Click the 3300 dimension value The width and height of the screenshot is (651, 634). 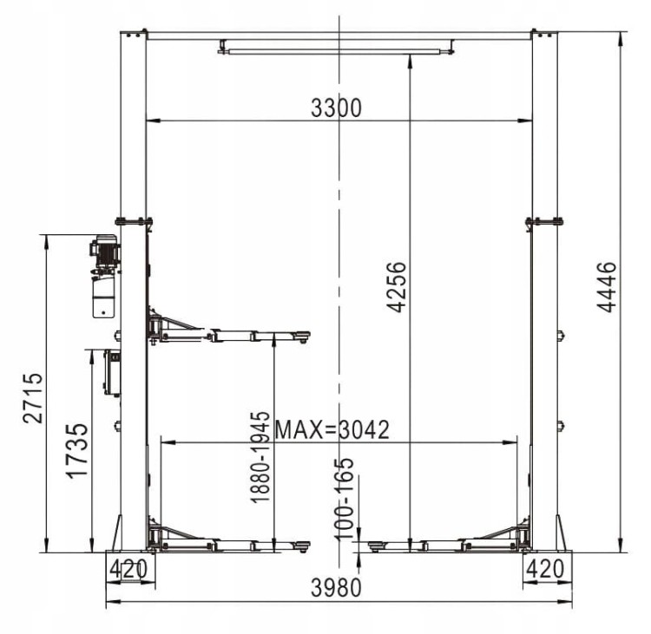click(x=336, y=108)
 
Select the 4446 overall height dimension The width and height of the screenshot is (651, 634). click(x=607, y=286)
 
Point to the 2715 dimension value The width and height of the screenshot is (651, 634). click(x=33, y=398)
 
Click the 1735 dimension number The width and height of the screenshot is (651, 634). click(x=77, y=451)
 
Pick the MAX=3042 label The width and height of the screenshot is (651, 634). click(x=332, y=430)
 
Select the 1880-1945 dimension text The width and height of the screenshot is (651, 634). click(x=260, y=457)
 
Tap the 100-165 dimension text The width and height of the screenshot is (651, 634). click(x=344, y=500)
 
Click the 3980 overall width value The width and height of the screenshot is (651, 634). click(x=336, y=587)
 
